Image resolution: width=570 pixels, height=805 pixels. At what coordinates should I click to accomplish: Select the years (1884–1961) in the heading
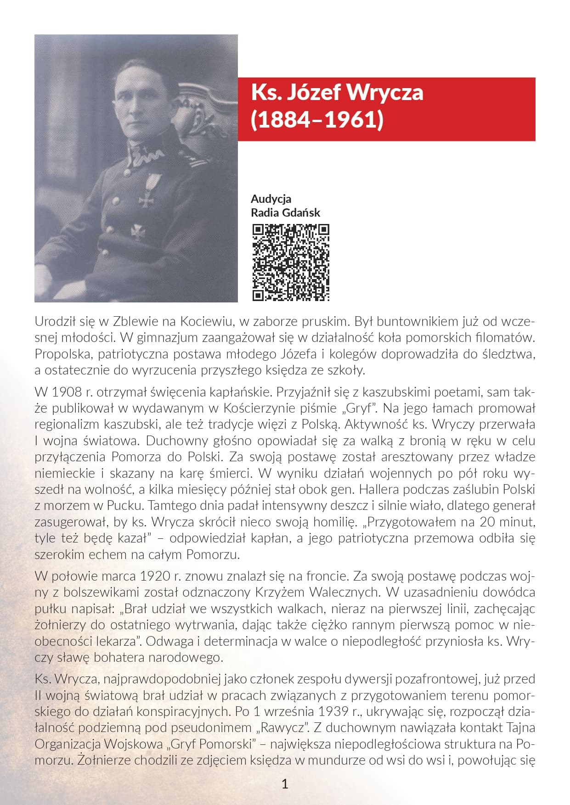pos(317,120)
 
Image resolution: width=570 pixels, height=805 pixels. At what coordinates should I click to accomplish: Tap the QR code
pos(291,263)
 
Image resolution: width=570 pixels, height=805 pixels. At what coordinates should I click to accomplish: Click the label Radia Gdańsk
pos(285,212)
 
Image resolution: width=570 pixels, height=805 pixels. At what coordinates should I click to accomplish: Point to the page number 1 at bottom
pos(285,784)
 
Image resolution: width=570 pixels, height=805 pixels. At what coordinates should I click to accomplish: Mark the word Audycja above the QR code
pos(271,199)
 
